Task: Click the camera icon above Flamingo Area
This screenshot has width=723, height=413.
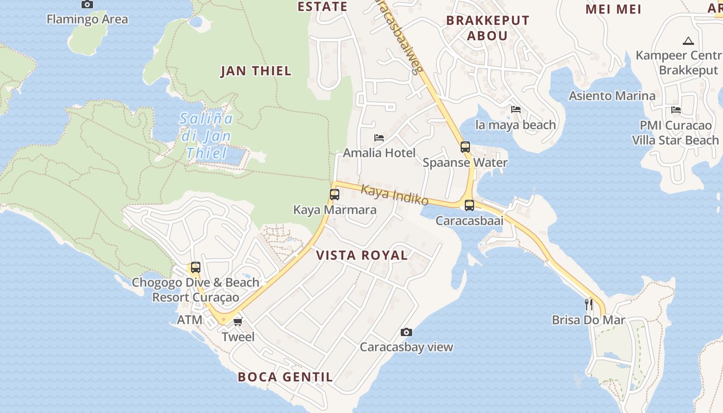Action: tap(87, 5)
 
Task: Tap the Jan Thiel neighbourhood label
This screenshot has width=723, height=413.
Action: tap(256, 71)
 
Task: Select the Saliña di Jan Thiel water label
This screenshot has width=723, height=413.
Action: tap(207, 136)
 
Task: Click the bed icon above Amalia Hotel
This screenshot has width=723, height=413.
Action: tap(379, 138)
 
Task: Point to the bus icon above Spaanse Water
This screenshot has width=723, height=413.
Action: tap(465, 147)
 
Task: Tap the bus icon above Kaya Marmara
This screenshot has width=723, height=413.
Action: tap(335, 195)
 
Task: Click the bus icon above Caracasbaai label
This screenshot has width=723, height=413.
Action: tap(469, 205)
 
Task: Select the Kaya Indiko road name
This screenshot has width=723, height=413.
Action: tap(395, 195)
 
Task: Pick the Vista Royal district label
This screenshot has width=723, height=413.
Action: tap(361, 255)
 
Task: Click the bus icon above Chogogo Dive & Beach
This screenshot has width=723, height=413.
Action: tap(196, 267)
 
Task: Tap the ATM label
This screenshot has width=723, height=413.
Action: tap(190, 320)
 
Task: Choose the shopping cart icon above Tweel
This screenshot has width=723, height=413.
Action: tap(238, 322)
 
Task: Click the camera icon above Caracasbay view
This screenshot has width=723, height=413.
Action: tap(406, 332)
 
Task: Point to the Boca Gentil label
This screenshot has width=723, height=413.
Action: tap(285, 377)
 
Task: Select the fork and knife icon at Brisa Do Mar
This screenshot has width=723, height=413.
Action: tap(588, 304)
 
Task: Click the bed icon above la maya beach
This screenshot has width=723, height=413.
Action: tap(515, 109)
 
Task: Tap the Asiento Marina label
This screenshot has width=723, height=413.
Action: tap(612, 96)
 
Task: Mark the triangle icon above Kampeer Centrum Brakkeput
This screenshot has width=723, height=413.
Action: tap(687, 41)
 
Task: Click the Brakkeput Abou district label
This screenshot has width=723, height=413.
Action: tap(488, 28)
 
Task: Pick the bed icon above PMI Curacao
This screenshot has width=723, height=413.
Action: tap(675, 110)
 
